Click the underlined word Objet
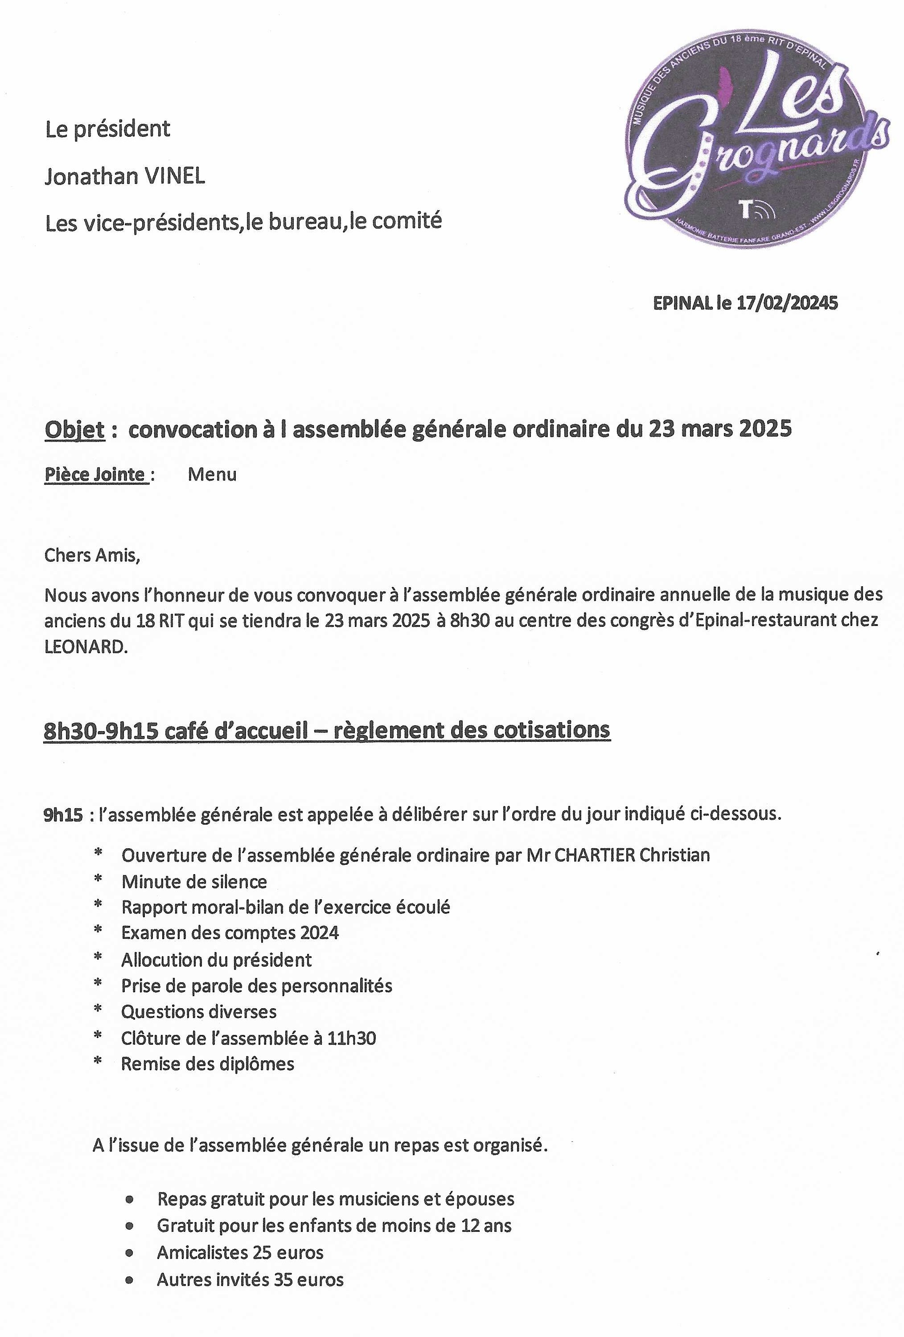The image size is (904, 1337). point(75,430)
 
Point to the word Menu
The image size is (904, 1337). point(212,474)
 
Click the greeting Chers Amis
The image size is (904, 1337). point(92,556)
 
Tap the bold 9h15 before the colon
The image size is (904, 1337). point(63,815)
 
